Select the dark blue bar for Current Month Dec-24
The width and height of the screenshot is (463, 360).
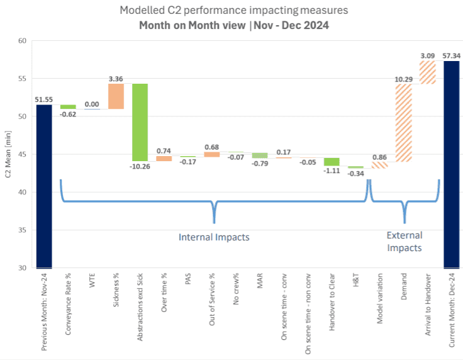[451, 164]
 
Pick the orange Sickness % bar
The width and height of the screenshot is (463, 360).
[116, 96]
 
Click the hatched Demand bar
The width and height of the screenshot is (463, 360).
[403, 123]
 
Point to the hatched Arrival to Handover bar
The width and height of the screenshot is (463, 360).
[428, 72]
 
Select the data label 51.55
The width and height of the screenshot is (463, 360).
[44, 99]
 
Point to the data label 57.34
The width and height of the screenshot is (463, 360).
[451, 56]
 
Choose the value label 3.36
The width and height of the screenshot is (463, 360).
[116, 79]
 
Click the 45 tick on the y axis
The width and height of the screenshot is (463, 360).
[22, 155]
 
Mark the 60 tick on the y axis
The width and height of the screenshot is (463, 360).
[22, 41]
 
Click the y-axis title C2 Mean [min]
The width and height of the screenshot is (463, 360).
[8, 154]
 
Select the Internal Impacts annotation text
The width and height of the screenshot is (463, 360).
[215, 237]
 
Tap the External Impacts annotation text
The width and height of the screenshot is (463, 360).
[404, 242]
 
